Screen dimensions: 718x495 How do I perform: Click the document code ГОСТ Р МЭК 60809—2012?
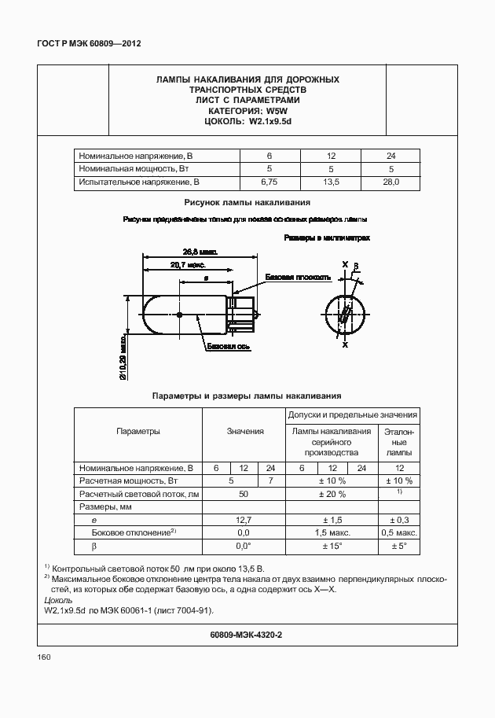[x=83, y=44]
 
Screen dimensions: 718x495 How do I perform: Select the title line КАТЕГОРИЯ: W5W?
[x=247, y=112]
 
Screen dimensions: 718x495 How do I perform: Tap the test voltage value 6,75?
[x=269, y=182]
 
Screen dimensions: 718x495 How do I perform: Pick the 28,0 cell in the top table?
[x=391, y=182]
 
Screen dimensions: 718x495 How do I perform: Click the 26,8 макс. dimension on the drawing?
[x=200, y=252]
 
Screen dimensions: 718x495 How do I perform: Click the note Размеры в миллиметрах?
[x=326, y=237]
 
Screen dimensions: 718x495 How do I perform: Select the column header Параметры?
[x=138, y=431]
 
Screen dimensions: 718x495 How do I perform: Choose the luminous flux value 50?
[x=244, y=494]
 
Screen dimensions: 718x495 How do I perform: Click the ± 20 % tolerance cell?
[x=332, y=494]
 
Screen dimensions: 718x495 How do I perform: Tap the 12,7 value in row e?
[x=244, y=520]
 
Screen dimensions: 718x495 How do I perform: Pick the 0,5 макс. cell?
[x=399, y=532]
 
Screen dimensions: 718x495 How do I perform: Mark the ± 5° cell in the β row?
[x=399, y=546]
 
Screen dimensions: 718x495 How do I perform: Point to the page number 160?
[x=44, y=657]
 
